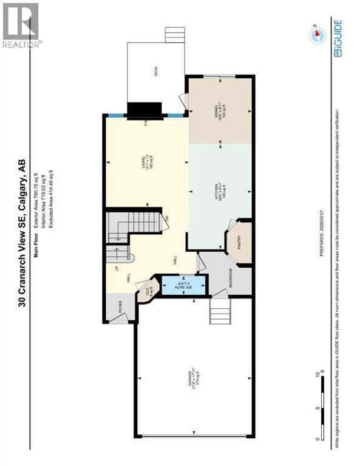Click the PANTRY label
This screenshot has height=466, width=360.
239,241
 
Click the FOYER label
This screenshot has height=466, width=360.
120,305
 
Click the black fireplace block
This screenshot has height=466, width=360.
144,110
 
